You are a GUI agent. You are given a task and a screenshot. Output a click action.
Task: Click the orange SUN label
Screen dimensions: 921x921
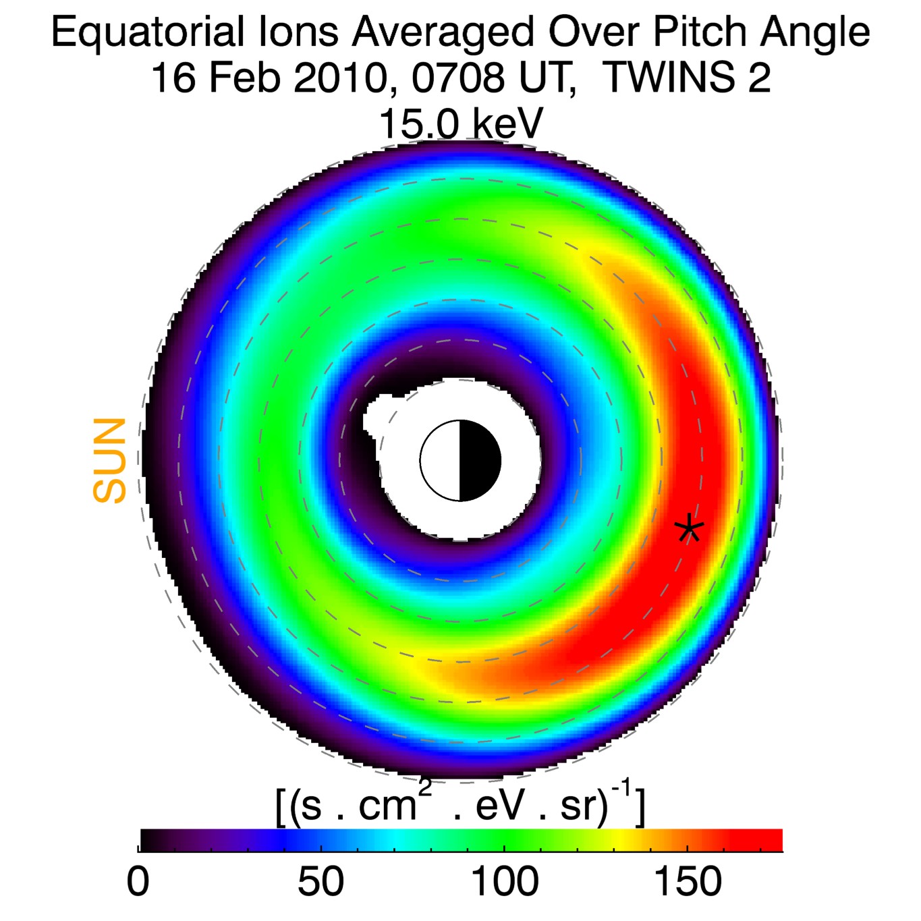(110, 461)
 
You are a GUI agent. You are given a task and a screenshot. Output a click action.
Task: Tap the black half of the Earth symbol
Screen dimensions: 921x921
(480, 461)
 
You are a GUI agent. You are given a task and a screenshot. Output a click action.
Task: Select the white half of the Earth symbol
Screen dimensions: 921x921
(441, 461)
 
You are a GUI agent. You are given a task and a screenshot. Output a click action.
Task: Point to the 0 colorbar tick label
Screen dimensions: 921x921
(138, 881)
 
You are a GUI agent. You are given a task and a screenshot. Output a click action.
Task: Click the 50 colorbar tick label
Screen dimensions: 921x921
(321, 881)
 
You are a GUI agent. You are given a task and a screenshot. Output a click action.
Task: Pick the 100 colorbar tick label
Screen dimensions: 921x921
(504, 881)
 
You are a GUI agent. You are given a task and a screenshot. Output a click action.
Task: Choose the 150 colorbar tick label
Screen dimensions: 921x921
(688, 881)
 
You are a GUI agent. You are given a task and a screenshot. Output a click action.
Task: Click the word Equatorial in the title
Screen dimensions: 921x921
(148, 32)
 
